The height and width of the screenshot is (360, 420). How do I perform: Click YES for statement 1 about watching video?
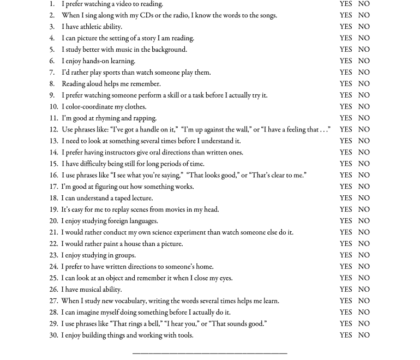point(346,4)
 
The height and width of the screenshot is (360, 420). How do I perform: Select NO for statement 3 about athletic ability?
point(364,27)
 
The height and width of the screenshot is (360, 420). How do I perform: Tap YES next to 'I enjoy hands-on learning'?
point(346,61)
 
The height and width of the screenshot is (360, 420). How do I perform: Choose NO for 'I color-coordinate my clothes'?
point(364,107)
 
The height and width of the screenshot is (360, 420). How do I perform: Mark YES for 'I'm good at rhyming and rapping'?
point(346,118)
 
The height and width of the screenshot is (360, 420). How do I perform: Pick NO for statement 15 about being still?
point(364,164)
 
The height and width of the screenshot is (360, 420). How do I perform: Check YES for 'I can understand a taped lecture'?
point(346,198)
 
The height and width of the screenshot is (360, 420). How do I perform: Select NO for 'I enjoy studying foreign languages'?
point(364,221)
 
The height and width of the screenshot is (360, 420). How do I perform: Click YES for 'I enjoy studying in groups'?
point(346,255)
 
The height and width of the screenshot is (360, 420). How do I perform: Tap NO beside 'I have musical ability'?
point(364,290)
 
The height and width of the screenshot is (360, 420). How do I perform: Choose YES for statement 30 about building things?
point(346,335)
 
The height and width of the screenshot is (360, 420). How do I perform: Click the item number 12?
point(53,130)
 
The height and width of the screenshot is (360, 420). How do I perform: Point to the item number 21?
point(53,232)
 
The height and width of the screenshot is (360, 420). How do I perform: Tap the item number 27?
point(53,301)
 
